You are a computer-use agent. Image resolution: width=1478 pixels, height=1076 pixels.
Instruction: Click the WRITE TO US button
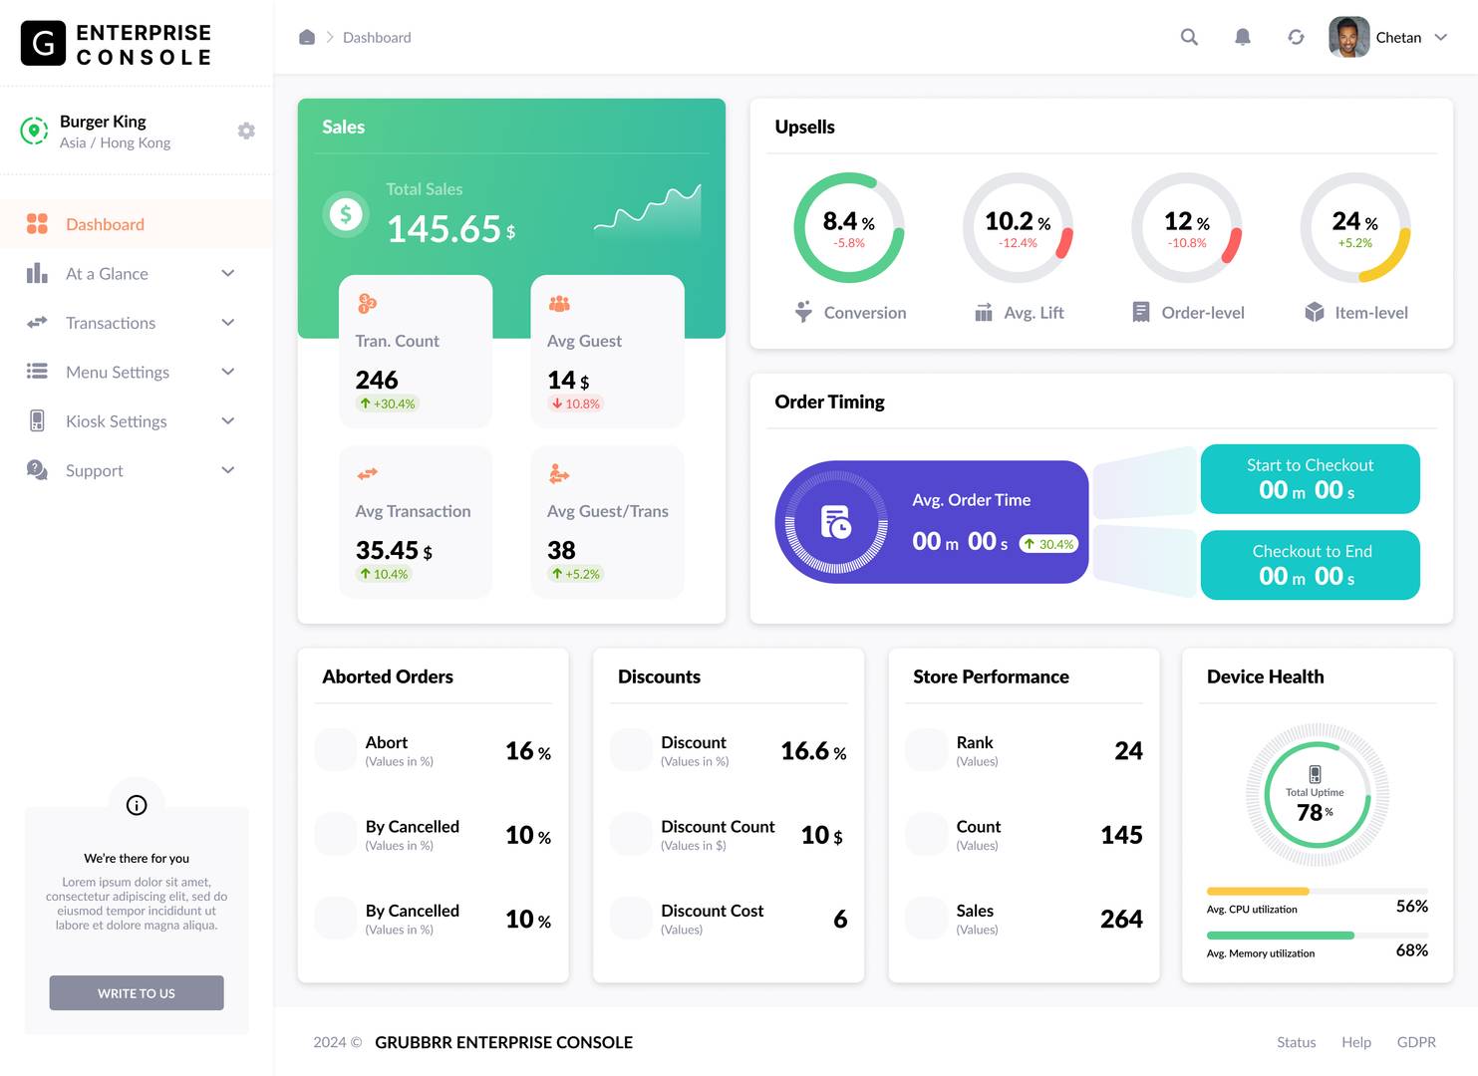click(137, 992)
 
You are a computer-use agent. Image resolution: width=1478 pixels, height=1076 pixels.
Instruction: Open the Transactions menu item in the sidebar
click(111, 323)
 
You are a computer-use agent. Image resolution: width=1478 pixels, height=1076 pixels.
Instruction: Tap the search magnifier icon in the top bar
click(1189, 37)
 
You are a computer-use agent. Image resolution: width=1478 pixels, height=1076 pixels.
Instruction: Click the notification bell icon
click(1242, 37)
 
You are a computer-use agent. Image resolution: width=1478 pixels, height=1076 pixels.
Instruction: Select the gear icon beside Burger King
click(246, 131)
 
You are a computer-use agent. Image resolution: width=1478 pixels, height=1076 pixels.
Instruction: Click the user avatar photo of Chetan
click(1348, 37)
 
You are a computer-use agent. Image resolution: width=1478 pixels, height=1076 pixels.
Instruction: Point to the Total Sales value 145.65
click(443, 229)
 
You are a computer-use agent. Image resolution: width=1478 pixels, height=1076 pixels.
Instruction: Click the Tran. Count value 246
click(377, 380)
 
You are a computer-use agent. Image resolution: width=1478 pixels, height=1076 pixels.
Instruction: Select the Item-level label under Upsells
click(1370, 313)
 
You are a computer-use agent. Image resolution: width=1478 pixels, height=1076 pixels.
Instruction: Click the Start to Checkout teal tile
click(1310, 479)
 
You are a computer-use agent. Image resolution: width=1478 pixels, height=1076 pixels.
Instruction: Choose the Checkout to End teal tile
click(1310, 565)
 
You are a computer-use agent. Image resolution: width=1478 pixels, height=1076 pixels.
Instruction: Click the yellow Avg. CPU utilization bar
click(1257, 891)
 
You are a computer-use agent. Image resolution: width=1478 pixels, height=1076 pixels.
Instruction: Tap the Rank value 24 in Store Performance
click(1128, 750)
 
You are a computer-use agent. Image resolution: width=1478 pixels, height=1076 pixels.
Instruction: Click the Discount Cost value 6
click(840, 919)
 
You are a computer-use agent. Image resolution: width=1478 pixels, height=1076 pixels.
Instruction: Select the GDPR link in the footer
click(1415, 1042)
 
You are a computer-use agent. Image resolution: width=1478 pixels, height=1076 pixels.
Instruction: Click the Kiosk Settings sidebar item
click(116, 421)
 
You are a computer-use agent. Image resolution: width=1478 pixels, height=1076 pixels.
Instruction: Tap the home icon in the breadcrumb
click(307, 37)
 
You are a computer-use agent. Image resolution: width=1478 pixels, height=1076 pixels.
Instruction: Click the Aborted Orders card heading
click(388, 676)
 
